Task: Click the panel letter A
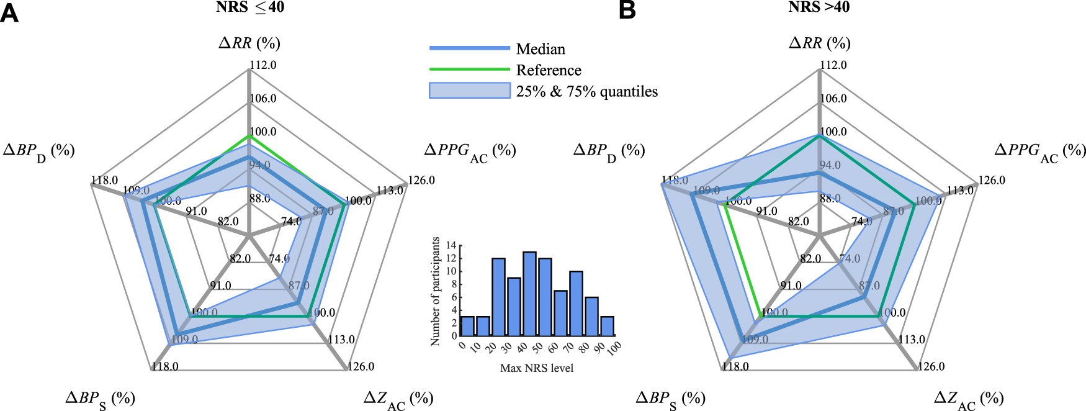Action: coord(9,12)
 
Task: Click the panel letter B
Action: coord(627,11)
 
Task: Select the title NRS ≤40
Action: coord(250,7)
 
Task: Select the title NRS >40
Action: coord(819,7)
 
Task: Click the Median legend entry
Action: coord(541,49)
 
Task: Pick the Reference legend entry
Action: coord(549,70)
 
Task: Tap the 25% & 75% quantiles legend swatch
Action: coord(470,91)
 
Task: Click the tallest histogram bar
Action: coord(529,294)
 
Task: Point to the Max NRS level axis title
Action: coord(537,368)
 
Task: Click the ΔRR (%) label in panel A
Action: coord(249,43)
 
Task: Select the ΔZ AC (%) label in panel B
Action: coord(969,399)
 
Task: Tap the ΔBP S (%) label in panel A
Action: coord(100,399)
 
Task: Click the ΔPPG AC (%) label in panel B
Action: coord(1040,151)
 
